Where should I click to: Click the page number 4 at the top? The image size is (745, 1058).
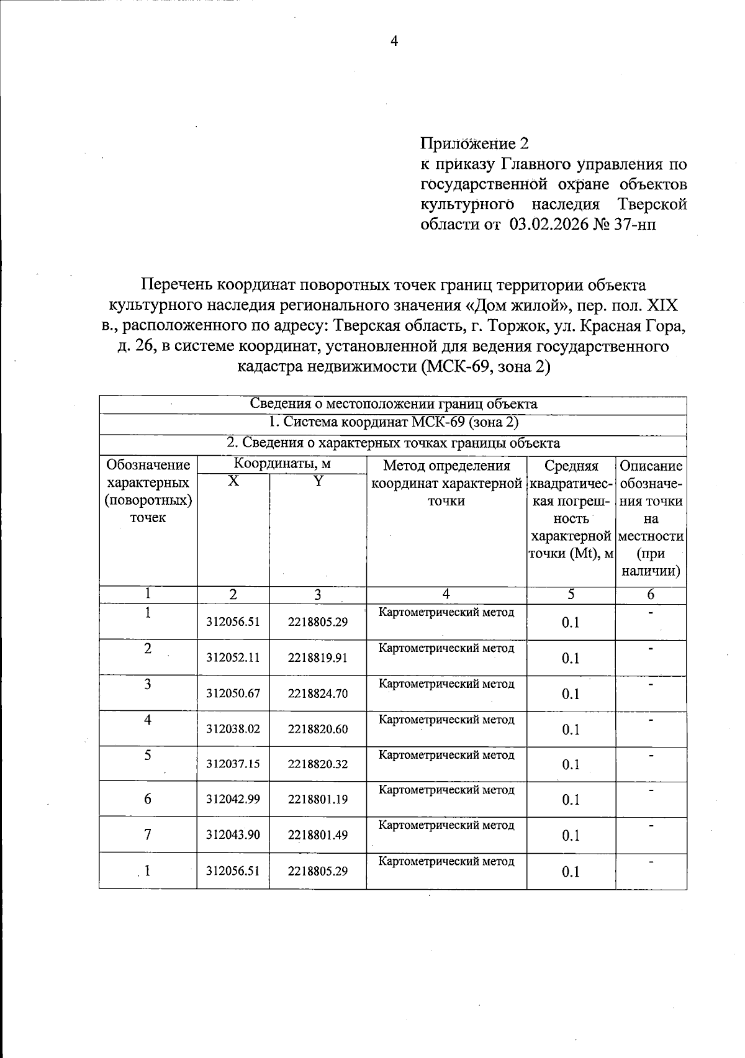coord(393,41)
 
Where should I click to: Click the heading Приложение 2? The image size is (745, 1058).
coord(475,144)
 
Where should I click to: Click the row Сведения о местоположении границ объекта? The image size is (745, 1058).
coord(393,404)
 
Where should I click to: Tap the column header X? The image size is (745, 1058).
coord(233,481)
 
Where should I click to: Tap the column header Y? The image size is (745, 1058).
coord(317,481)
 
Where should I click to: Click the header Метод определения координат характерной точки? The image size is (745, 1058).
coord(446,483)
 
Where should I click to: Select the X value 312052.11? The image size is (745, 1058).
coord(233,658)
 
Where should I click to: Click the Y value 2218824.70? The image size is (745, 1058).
coord(317,694)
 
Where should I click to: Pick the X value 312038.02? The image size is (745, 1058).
coord(233,729)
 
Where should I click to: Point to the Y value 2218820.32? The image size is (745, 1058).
coord(317,764)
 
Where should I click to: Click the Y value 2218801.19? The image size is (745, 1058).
coord(317,800)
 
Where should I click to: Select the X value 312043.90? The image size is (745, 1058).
coord(233,835)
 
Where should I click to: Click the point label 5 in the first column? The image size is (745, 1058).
coord(148,756)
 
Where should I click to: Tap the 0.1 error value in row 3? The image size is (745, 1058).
coord(571,694)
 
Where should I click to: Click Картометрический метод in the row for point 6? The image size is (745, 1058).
coord(446,790)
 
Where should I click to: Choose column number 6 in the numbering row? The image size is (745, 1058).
coord(651,595)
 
